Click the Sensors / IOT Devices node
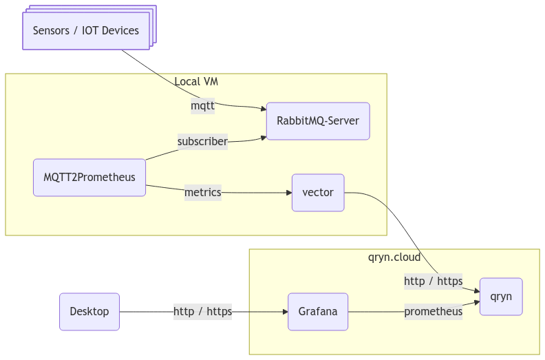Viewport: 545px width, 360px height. click(86, 30)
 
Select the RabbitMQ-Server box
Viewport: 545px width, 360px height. click(318, 121)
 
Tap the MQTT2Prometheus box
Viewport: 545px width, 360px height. click(89, 178)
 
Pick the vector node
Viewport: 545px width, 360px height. click(318, 193)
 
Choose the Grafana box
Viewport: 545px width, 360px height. click(318, 312)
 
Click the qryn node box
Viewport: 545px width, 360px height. click(501, 297)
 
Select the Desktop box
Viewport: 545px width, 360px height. click(89, 312)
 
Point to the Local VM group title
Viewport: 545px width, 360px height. click(196, 82)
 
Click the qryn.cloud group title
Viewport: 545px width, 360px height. click(394, 257)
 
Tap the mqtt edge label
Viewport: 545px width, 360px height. click(203, 106)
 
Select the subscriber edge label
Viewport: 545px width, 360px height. click(202, 142)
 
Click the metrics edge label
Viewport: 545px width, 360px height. click(203, 193)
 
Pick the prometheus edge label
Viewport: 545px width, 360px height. click(433, 312)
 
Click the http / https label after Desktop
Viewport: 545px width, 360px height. click(202, 312)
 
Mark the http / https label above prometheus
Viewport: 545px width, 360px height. click(433, 281)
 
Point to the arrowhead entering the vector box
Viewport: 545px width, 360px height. click(288, 193)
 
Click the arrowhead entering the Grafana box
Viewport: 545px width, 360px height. click(284, 312)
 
